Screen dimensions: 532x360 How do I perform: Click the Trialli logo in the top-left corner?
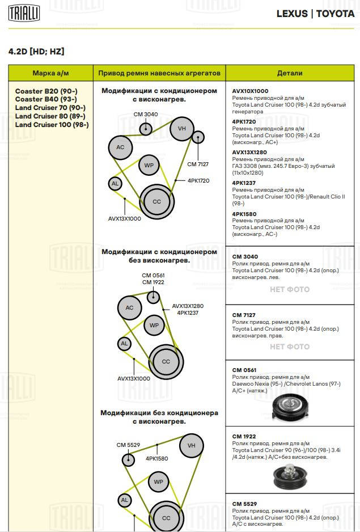coord(24,13)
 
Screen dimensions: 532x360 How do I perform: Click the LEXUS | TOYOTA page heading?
coord(315,14)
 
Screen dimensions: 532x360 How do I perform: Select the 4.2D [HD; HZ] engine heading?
coord(36,52)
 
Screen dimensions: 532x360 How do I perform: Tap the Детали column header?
coord(290,73)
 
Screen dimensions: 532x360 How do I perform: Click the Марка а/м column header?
coord(50,73)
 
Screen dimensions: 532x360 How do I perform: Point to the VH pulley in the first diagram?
coord(182,128)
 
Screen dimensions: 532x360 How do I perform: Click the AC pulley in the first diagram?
coord(120,147)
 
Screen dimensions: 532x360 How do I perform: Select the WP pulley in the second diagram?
coord(154,326)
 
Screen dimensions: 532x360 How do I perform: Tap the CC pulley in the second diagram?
coord(166,361)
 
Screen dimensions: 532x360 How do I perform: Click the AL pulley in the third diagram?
coord(125,500)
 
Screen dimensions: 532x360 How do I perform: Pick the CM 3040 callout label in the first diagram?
coord(146,115)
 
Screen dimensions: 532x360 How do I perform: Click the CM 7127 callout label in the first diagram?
coord(198,164)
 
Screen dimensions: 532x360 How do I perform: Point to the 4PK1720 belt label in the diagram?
coord(198,180)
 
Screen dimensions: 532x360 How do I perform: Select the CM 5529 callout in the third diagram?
coord(128,445)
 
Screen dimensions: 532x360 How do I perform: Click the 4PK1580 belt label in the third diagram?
coord(156,458)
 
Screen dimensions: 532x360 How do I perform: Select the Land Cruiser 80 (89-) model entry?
coord(50,116)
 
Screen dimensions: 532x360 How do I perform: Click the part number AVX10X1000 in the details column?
coord(250,91)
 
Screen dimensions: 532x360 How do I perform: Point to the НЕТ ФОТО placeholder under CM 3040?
coord(290,289)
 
